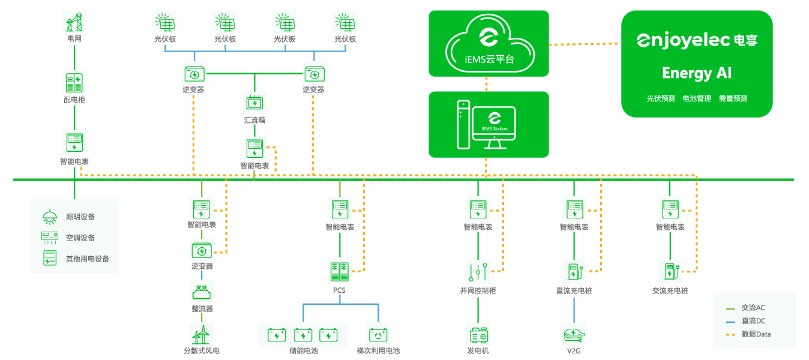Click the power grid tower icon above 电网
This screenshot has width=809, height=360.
(74, 22)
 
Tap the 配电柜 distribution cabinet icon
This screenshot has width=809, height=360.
(74, 83)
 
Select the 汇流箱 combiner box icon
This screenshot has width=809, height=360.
(254, 103)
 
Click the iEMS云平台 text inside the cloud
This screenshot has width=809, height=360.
(489, 59)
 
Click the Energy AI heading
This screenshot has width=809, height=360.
(697, 73)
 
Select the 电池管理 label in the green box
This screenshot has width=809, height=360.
(697, 98)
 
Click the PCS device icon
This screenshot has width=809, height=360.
(340, 272)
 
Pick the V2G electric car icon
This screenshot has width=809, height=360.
(574, 335)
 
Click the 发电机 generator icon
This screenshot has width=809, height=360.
(479, 335)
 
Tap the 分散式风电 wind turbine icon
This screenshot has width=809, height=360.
(201, 335)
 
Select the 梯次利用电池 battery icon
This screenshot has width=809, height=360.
(378, 335)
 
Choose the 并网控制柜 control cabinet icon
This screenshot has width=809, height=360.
(478, 272)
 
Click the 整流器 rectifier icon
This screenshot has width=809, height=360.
(202, 292)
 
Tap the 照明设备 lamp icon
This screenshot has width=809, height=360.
(49, 217)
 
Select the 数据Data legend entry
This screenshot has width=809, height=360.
(748, 334)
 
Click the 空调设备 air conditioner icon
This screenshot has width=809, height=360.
(50, 238)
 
